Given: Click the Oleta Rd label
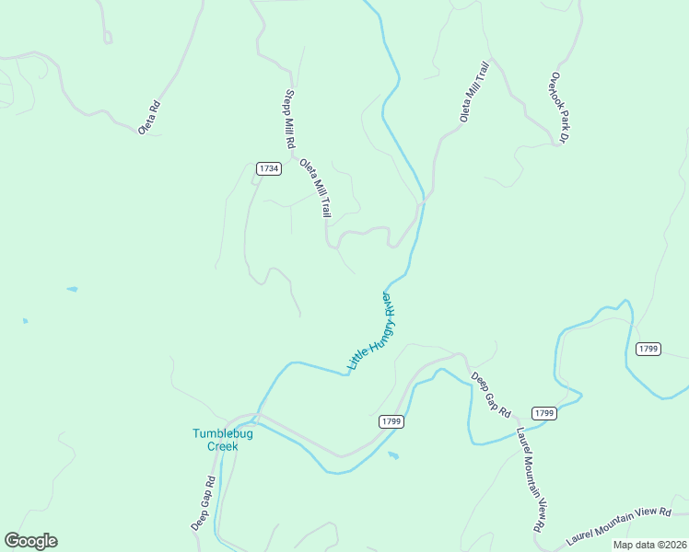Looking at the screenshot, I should pyautogui.click(x=150, y=118).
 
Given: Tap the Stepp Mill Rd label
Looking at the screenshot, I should pyautogui.click(x=289, y=120).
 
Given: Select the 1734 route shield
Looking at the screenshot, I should pyautogui.click(x=268, y=168).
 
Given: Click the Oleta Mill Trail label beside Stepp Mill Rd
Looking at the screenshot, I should pyautogui.click(x=314, y=188).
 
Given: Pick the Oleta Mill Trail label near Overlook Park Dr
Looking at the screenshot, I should pyautogui.click(x=474, y=91).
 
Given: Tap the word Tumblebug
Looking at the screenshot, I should pyautogui.click(x=222, y=433).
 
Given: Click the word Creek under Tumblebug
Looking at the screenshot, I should pyautogui.click(x=222, y=446).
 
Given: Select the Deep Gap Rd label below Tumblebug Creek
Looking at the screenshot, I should pyautogui.click(x=204, y=502).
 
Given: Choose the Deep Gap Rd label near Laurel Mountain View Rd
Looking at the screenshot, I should pyautogui.click(x=491, y=395).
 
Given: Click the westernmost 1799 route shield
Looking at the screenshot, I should pyautogui.click(x=391, y=421).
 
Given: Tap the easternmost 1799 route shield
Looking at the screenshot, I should pyautogui.click(x=648, y=348).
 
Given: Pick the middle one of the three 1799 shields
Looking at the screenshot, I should pyautogui.click(x=543, y=413).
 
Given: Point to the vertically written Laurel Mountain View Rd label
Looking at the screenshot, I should pyautogui.click(x=530, y=479).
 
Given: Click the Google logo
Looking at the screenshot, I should pyautogui.click(x=30, y=541).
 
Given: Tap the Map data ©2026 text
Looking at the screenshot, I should pyautogui.click(x=648, y=545).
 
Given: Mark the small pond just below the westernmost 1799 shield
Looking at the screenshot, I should pyautogui.click(x=393, y=455).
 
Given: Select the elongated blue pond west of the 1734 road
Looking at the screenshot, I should pyautogui.click(x=72, y=290).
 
